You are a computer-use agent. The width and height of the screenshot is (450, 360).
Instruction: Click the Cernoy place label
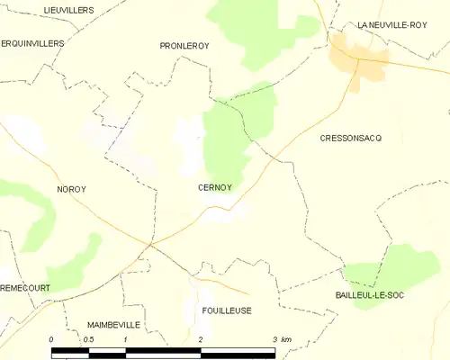tap(214, 188)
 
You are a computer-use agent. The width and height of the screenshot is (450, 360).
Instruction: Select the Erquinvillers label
tap(33, 42)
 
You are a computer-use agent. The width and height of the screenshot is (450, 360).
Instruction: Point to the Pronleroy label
tap(184, 45)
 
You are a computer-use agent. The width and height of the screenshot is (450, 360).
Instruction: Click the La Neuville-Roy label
tap(391, 25)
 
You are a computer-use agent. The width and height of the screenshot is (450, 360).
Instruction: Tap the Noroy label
tap(70, 189)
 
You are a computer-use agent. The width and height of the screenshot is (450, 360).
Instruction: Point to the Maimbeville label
tap(113, 323)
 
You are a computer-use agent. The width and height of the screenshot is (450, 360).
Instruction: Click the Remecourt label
tap(25, 287)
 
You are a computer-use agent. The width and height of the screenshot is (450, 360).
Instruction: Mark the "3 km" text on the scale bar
tap(281, 339)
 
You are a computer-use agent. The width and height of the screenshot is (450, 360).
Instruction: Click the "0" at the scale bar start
tap(52, 339)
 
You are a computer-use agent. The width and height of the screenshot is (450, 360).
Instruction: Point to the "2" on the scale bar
tap(200, 339)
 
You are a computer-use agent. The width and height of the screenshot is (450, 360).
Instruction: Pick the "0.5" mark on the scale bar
tap(87, 339)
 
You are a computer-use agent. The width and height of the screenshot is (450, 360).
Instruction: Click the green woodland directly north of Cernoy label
tap(225, 144)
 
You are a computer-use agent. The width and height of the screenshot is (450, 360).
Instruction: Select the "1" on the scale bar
tap(126, 339)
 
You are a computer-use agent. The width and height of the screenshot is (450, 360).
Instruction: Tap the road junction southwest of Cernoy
tap(151, 242)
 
